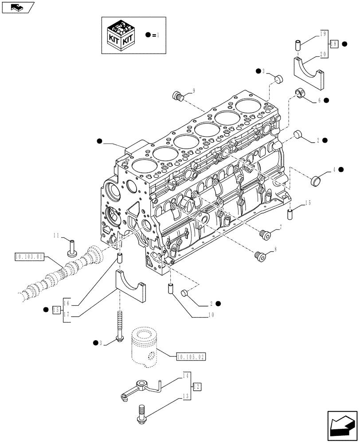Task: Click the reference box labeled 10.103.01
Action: pos(29,256)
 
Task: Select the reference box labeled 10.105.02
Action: pos(191,356)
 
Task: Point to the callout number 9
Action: pos(194,91)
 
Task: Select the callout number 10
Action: pos(211,315)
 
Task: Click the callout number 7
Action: pos(280,228)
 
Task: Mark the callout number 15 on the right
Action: pos(308,203)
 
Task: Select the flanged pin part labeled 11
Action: pos(71,247)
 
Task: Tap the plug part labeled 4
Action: pos(317,180)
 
